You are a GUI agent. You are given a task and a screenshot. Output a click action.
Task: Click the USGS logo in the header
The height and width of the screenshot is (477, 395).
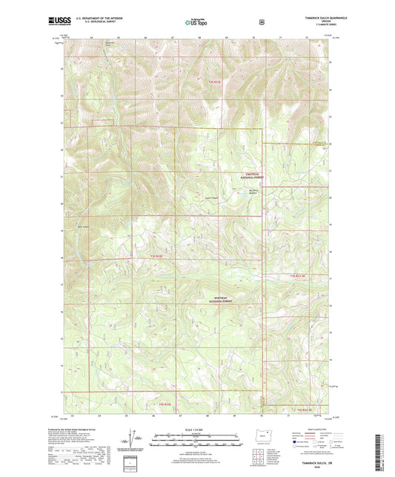(56, 22)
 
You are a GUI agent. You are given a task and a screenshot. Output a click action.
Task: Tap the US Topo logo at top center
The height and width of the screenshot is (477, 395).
(196, 22)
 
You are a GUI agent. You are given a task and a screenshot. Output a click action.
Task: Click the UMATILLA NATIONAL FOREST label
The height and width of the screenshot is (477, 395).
(254, 176)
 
